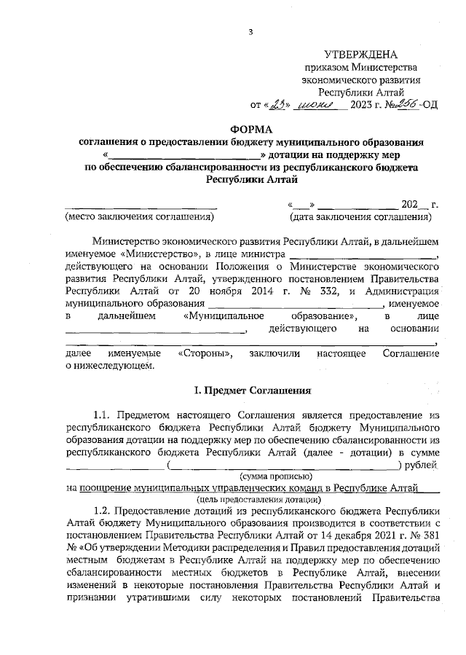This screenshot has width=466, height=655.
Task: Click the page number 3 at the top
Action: pos(250,31)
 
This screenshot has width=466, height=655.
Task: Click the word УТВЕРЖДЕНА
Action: pos(361,55)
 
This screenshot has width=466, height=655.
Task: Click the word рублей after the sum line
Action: pos(422,463)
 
